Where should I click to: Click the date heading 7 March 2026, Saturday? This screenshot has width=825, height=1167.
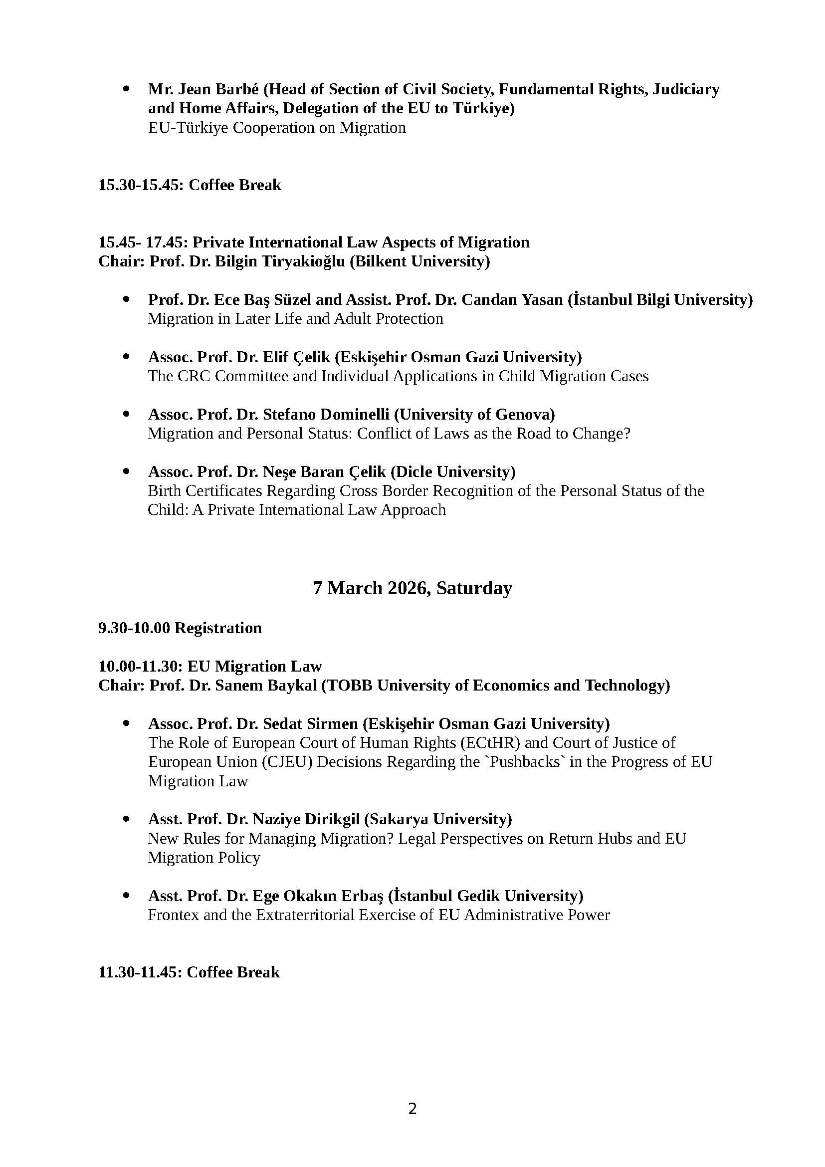[412, 588]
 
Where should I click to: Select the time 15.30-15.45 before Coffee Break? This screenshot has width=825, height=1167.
[141, 185]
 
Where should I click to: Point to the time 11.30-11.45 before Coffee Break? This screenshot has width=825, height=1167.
[140, 972]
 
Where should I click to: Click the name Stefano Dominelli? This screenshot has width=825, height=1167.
[326, 415]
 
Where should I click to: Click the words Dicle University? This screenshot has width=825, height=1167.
[452, 472]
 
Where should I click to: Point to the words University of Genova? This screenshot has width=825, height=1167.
[474, 415]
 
